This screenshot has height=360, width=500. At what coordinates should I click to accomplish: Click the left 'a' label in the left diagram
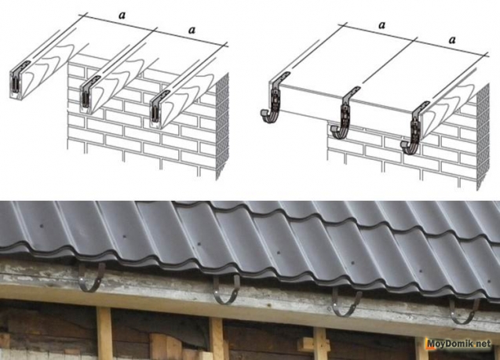(x=122, y=15)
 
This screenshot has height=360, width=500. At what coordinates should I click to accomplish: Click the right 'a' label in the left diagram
(x=192, y=30)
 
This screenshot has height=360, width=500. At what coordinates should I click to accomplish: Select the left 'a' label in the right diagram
(x=382, y=25)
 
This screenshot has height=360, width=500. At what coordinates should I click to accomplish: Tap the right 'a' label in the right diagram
(x=452, y=40)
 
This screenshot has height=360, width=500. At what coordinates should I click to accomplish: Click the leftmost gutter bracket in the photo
(x=92, y=278)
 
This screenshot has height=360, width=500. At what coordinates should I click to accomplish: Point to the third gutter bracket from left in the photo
(x=346, y=302)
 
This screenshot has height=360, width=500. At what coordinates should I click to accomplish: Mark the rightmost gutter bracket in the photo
(x=464, y=311)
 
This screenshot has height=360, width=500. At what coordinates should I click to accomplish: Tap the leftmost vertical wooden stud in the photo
(x=104, y=333)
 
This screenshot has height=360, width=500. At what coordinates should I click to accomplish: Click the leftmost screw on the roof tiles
(x=42, y=226)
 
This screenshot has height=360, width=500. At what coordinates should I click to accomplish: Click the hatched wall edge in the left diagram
(x=222, y=126)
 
